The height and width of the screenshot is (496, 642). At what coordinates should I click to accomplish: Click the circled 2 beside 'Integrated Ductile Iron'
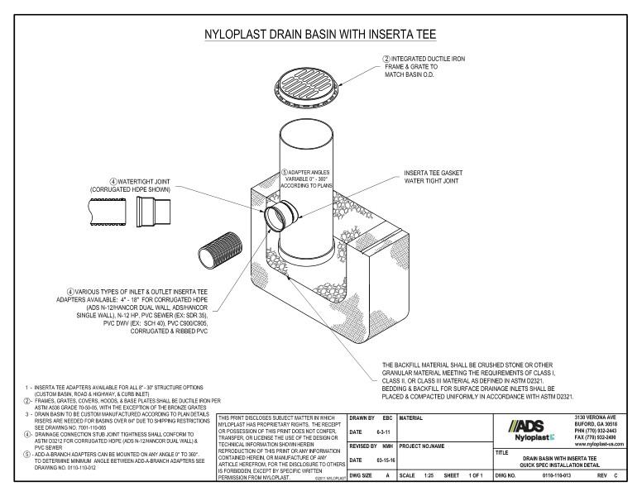(x=386, y=60)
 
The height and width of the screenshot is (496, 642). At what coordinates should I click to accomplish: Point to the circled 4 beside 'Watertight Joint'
(x=113, y=181)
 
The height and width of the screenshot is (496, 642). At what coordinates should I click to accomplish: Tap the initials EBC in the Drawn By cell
(x=386, y=418)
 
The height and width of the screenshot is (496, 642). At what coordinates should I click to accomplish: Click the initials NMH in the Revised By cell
(x=386, y=446)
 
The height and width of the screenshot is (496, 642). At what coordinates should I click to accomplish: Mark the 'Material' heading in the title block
(x=413, y=418)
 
